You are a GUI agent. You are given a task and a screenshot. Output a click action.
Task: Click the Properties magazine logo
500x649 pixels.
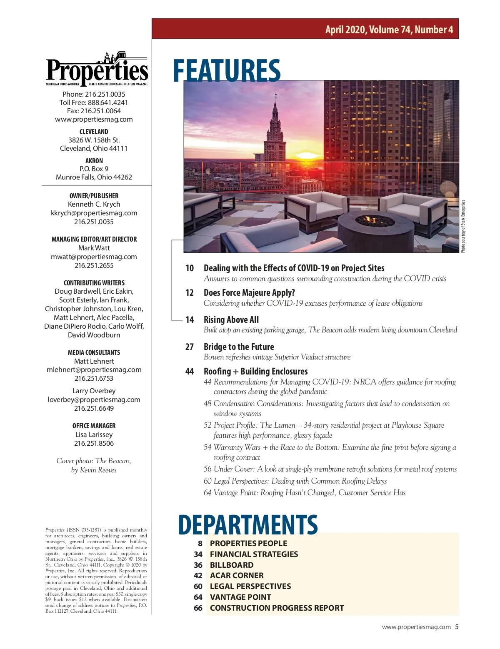(97, 70)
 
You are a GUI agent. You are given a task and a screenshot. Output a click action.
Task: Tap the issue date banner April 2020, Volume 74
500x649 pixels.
(389, 30)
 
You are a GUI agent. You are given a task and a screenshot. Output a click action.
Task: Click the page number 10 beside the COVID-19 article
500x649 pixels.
(190, 268)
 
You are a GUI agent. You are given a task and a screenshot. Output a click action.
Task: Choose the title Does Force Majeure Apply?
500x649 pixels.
(249, 293)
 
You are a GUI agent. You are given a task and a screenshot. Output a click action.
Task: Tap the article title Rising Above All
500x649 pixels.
(231, 320)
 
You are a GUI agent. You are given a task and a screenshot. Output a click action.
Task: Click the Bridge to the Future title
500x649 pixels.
(239, 347)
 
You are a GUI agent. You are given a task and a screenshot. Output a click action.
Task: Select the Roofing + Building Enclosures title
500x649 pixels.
(255, 371)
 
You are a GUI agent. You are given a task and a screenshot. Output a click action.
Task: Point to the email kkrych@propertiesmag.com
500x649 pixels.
(94, 213)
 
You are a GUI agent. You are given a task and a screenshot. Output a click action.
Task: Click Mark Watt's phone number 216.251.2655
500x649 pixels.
(94, 265)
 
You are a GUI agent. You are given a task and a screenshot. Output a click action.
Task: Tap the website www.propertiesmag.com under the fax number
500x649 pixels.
(94, 119)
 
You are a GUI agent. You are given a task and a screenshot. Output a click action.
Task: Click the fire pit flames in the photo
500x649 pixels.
(368, 219)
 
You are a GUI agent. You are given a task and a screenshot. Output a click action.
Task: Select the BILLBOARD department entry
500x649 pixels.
(231, 565)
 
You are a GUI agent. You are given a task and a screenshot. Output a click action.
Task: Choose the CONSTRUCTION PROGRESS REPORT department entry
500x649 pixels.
(277, 608)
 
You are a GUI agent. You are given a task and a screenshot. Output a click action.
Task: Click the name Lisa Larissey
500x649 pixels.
(94, 434)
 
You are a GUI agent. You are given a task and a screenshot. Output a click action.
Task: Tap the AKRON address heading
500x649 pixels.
(94, 161)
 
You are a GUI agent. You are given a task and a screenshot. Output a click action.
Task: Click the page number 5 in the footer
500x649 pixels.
(457, 627)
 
